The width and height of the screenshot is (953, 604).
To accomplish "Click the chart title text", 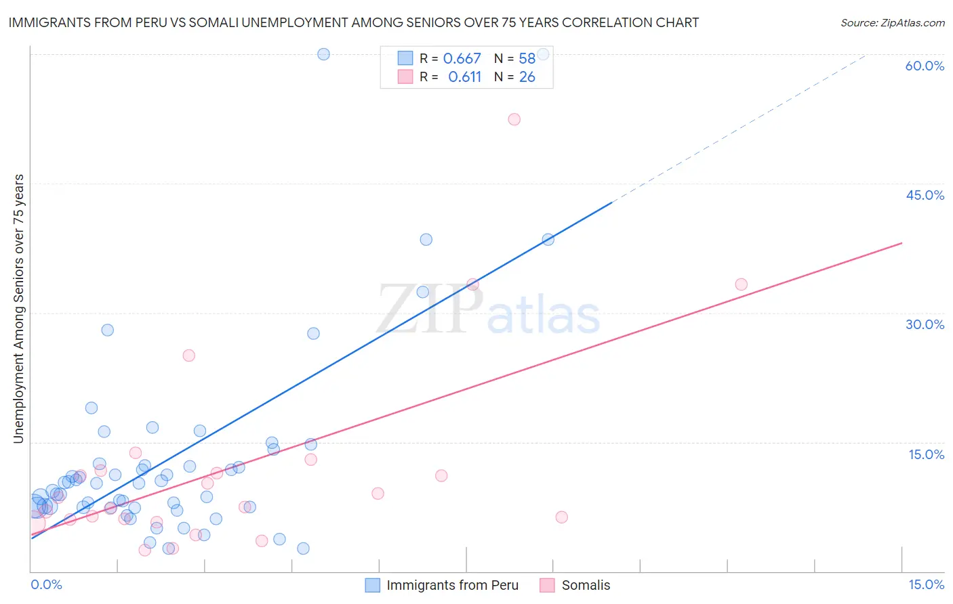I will coord(353,22).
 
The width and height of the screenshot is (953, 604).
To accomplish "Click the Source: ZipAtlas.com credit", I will coord(892,22).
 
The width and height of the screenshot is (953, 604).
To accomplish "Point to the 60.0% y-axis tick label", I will coord(925,66).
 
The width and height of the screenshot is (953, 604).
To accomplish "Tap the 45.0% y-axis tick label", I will coord(925,195).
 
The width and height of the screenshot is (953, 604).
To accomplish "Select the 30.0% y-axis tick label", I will coord(925,324).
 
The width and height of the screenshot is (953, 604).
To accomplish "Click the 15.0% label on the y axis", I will coord(926,454).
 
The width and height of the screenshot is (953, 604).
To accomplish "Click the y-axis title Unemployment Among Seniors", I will coord(19,309).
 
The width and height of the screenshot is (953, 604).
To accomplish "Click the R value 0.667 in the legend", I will coord(462,59).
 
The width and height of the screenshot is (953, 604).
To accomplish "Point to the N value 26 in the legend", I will coord(527,77).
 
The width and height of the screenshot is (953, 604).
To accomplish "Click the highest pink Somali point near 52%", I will coord(514,119).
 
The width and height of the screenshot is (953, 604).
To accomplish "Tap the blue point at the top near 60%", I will coord(323,54).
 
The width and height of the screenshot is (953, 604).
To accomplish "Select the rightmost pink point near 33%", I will coord(741,284).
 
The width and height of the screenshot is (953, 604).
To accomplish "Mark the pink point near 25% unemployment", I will coord(188,355).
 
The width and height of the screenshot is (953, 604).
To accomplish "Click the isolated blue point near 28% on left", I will coord(107,330).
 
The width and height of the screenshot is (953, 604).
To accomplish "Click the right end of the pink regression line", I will coord(901,243).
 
